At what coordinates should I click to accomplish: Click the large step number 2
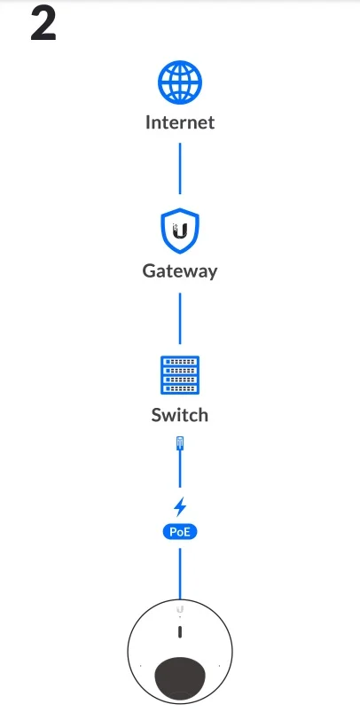coord(43,25)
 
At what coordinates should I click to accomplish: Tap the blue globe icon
coord(180,82)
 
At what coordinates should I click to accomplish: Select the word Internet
coord(180,122)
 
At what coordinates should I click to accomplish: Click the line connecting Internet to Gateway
coord(180,168)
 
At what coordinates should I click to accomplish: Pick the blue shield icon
coord(180,231)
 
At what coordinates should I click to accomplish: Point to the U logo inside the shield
coord(179,231)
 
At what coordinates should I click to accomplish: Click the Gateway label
coord(180,271)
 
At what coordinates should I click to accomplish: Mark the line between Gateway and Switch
coord(180,318)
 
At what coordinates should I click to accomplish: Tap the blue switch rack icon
coord(180,375)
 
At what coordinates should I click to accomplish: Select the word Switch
coord(180,415)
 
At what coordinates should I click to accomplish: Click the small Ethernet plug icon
coord(180,443)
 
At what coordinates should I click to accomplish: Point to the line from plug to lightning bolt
coord(180,469)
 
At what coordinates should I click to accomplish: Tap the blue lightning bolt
coord(180,506)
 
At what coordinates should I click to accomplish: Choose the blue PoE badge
coord(180,532)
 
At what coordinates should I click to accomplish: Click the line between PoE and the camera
coord(180,574)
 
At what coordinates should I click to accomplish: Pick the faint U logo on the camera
coord(180,609)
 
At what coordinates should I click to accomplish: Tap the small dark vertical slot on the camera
coord(180,632)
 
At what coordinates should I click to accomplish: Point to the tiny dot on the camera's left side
coord(140,665)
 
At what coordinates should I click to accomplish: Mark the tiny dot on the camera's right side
coord(220,665)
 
